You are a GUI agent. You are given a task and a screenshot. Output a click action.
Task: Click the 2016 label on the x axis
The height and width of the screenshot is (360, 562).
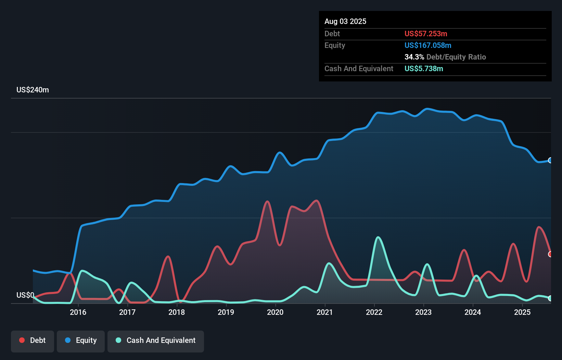78,312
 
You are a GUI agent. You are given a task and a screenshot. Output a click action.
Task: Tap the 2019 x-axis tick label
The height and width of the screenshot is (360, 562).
226,312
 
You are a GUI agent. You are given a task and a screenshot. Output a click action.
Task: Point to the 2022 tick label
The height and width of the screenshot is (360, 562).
374,312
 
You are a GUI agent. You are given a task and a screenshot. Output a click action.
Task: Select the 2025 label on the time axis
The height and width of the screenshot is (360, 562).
522,312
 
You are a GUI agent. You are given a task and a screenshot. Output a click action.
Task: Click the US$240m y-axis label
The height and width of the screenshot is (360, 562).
33,90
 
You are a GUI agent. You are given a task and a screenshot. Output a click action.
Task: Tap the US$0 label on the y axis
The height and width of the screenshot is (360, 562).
25,295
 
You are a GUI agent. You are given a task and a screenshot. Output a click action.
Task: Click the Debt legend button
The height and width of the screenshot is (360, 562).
33,340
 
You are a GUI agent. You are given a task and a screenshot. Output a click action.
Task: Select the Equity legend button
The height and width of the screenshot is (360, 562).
81,340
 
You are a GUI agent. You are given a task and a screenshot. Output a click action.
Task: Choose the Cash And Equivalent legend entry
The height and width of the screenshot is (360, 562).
156,340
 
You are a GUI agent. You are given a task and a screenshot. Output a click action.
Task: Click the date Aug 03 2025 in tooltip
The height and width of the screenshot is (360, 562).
345,21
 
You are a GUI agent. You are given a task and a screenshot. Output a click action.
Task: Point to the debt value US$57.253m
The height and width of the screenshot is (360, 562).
426,34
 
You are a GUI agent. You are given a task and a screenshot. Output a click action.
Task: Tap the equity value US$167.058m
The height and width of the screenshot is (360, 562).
428,45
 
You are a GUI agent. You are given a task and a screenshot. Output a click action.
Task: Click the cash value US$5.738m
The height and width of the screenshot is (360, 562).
424,68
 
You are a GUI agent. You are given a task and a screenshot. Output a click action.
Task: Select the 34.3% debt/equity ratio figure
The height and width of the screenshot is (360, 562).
414,57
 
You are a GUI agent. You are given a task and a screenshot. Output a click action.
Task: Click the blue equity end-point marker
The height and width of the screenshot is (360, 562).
550,160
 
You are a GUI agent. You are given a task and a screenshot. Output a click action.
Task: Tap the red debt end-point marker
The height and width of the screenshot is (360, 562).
550,254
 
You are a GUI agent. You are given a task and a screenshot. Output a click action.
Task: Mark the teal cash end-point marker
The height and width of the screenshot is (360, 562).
550,298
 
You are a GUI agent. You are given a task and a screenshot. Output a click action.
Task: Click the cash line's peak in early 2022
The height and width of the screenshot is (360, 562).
378,237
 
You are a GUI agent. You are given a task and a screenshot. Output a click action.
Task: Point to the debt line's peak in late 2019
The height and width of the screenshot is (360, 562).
267,201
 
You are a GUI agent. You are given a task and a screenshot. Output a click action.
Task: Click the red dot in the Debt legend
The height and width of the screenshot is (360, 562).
22,340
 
